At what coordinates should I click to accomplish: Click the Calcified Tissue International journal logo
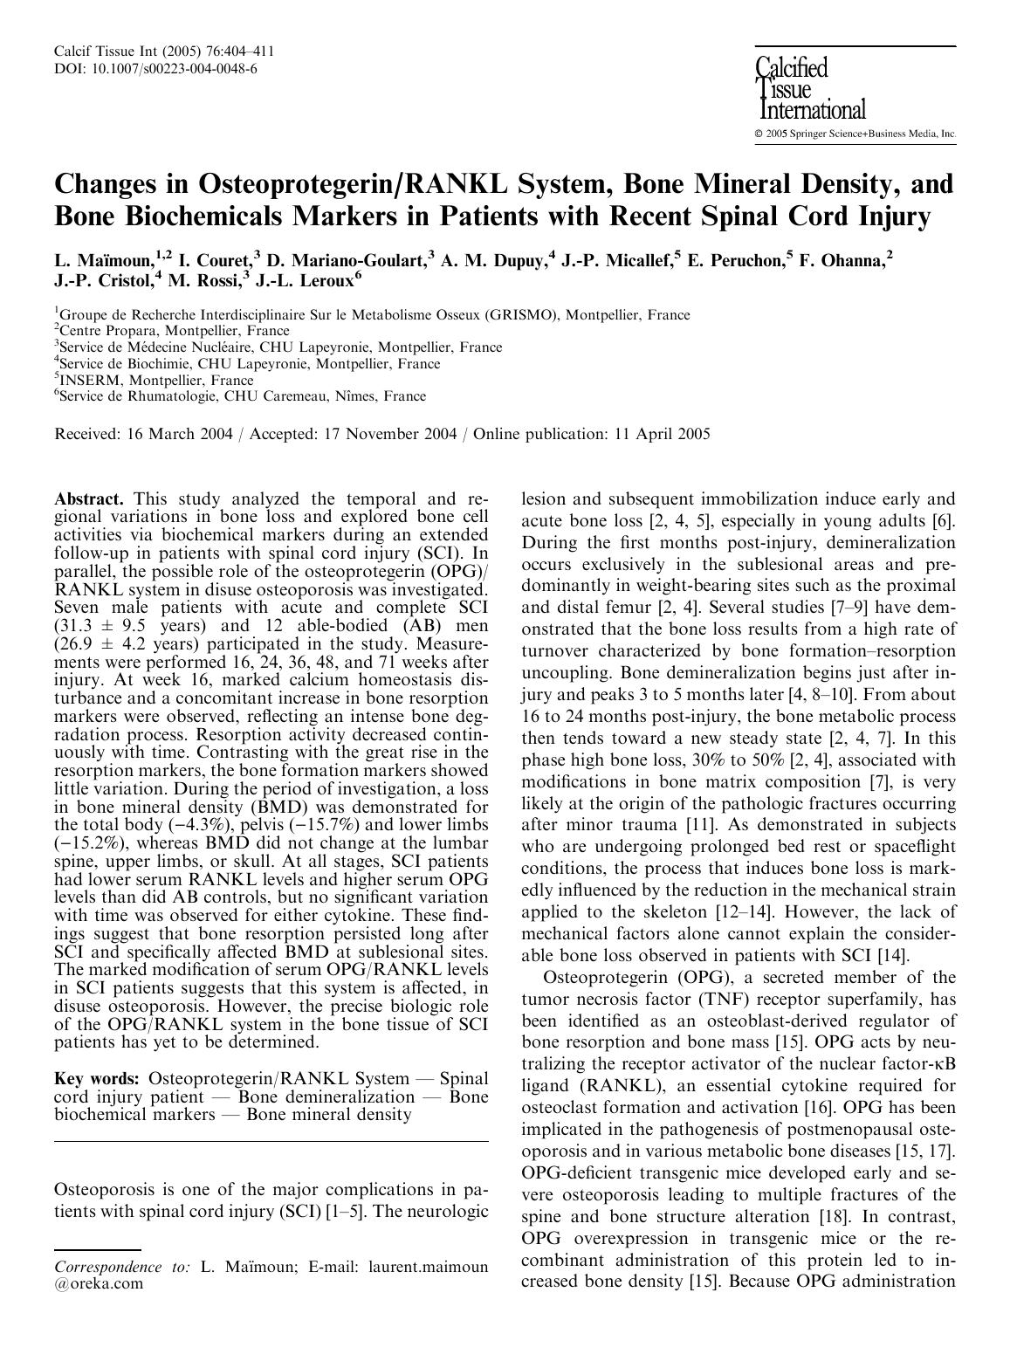811,89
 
